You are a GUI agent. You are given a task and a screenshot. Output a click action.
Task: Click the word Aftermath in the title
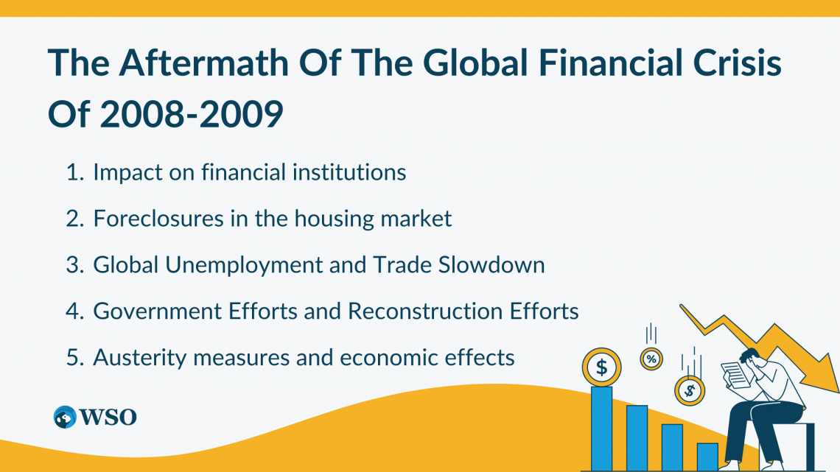point(203,63)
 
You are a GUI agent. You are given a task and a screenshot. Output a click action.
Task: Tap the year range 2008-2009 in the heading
point(192,114)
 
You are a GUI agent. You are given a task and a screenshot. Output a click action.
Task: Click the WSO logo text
point(108,417)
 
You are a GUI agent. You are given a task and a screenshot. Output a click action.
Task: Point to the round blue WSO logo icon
point(65,417)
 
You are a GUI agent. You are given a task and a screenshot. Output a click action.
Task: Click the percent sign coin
point(651,359)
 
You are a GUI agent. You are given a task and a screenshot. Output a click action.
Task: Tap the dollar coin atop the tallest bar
point(601,367)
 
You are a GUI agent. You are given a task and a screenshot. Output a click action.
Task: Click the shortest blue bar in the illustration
point(707,457)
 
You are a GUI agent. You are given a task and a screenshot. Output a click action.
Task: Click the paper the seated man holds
point(737,374)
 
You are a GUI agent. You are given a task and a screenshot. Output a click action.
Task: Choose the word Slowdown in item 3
point(491,265)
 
